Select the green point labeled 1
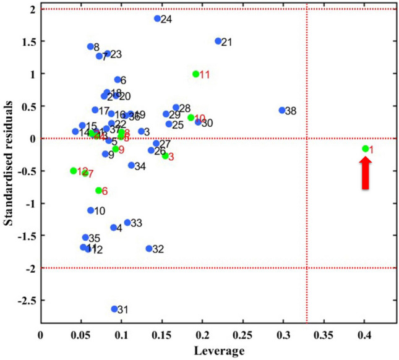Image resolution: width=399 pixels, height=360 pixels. pos(366,148)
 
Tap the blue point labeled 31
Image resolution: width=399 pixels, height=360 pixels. pos(114,309)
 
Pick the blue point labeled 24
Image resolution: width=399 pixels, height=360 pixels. pos(158,19)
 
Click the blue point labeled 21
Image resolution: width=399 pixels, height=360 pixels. pos(218,41)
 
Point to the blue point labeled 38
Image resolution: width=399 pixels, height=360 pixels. pos(282,111)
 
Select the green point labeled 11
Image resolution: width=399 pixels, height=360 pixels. pos(195,74)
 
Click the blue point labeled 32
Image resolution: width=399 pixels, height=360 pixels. pos(149,249)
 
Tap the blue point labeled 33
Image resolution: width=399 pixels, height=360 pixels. pos(127,223)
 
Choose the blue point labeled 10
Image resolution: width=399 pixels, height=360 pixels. pos(91,210)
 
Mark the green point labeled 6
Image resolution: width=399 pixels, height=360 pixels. pos(98,191)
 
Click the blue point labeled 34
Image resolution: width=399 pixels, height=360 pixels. pos(131,165)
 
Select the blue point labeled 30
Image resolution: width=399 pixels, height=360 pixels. pos(198,122)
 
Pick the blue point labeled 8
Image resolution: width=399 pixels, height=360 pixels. pos(90,46)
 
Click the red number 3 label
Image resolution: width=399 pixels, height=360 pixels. pos(171,157)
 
